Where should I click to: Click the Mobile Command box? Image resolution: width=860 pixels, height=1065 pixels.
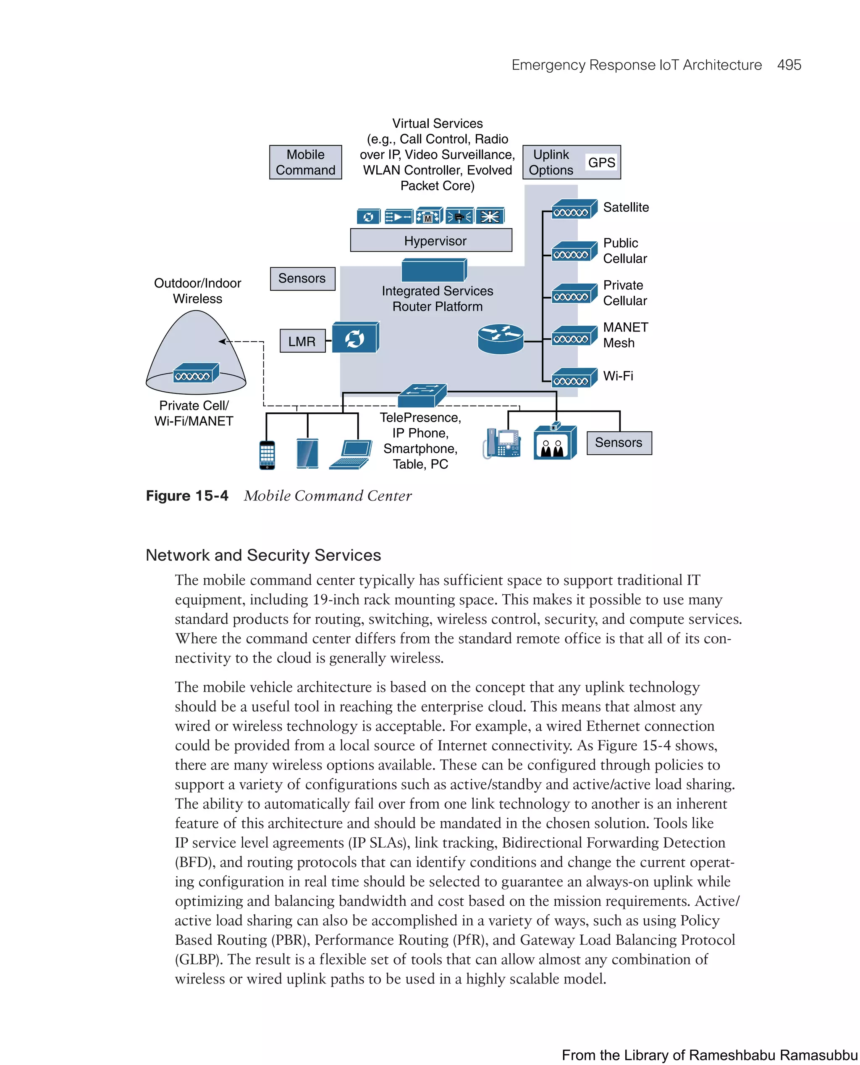click(305, 162)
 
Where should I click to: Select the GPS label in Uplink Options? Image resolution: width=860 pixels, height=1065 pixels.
click(601, 163)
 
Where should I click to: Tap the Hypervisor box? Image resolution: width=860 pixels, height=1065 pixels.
click(430, 240)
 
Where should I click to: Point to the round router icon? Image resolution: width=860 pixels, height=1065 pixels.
click(501, 339)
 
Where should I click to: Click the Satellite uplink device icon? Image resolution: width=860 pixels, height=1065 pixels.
click(574, 209)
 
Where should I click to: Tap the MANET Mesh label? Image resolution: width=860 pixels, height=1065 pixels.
click(625, 335)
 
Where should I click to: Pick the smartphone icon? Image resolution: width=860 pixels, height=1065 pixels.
click(267, 454)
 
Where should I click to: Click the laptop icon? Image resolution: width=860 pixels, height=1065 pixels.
click(351, 453)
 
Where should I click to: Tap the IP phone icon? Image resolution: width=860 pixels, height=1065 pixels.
click(502, 443)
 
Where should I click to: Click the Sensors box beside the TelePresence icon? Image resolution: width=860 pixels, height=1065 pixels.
click(619, 442)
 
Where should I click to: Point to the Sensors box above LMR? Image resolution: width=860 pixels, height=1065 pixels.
click(302, 279)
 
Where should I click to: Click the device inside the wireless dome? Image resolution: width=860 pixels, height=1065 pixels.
click(196, 373)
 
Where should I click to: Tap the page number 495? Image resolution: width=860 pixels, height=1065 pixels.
click(789, 65)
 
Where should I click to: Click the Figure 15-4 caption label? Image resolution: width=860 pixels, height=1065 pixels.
click(187, 496)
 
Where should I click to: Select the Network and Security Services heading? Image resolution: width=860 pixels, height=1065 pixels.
click(263, 555)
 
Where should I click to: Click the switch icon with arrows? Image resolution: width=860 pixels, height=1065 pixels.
click(422, 395)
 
